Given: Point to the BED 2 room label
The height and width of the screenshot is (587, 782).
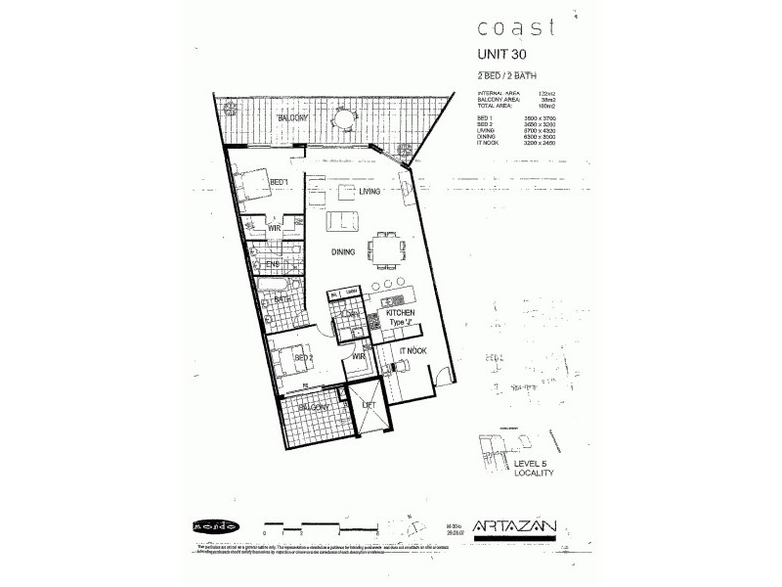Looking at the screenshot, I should pos(303,358).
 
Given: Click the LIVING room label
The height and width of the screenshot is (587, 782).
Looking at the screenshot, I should pos(369,192).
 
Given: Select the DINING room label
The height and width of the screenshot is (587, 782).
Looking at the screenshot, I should pos(342,251).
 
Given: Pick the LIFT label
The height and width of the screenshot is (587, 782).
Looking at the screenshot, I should pos(369,403).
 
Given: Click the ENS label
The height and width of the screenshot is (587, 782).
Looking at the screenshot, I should pos(273,263).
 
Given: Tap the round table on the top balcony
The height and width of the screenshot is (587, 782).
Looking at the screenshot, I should pos(344,120).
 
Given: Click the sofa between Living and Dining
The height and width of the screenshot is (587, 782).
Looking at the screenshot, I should pos(341,219).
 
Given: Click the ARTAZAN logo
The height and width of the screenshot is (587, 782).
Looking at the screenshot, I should pos(514,526).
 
